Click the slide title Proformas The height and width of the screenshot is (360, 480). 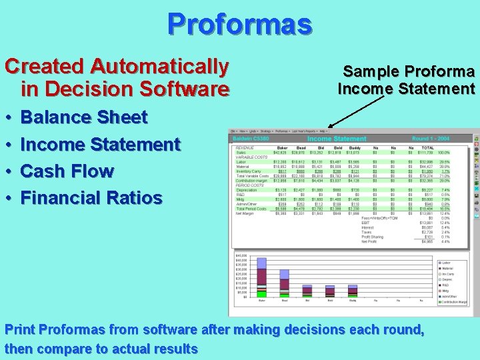coord(239,24)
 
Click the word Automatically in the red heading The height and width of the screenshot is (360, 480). coord(159,67)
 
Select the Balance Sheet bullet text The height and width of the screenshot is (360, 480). coord(84,117)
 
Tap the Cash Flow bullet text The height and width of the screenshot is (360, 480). coord(67,171)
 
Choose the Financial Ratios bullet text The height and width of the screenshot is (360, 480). coord(91,198)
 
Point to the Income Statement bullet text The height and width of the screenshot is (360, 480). coord(101,145)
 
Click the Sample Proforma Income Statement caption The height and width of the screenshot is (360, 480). coord(406,80)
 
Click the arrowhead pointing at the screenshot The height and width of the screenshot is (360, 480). coord(330,125)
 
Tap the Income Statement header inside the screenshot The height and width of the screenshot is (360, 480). coord(337,139)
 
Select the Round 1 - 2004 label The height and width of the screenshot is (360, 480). coord(431,139)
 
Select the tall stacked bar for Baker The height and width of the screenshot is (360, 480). coord(262,280)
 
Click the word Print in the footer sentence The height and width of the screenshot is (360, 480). coord(20,330)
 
